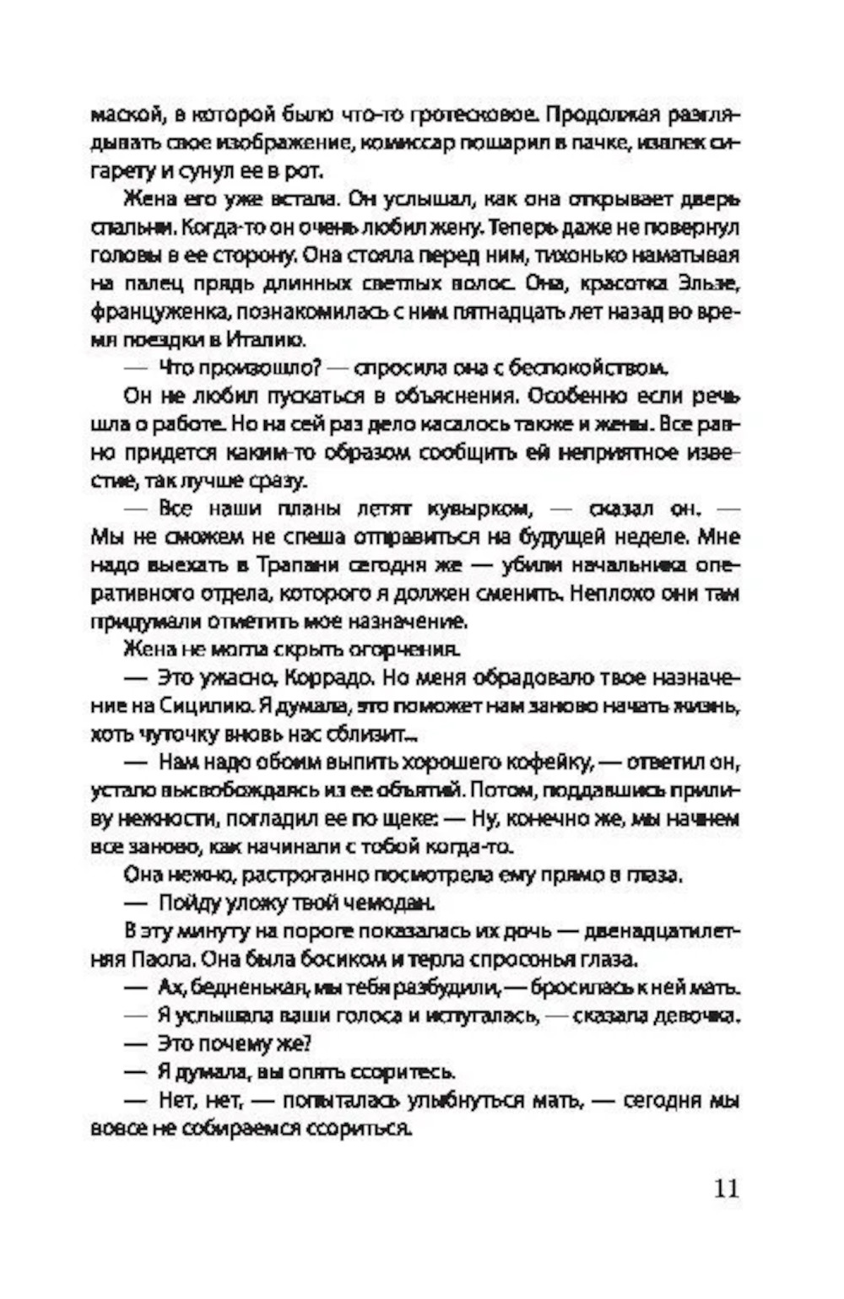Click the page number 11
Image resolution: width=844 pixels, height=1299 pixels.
[x=725, y=1188]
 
